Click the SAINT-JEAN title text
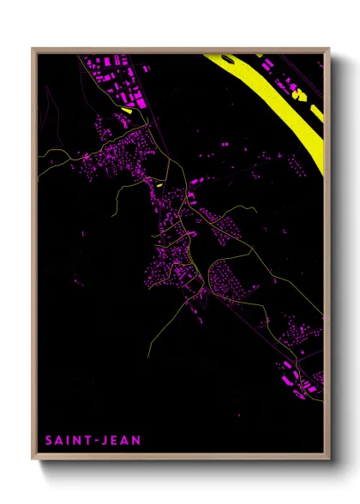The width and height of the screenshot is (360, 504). (93, 440)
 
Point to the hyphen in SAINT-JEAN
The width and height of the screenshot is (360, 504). (99, 440)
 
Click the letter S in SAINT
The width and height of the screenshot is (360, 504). (48, 440)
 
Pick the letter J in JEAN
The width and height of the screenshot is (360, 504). (107, 440)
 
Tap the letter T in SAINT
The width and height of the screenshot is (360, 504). (91, 440)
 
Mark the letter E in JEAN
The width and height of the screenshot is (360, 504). (116, 440)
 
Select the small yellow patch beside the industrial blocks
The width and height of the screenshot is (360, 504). (128, 110)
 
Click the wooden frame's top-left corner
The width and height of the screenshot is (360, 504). (33, 50)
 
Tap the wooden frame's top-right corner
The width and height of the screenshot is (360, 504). (328, 50)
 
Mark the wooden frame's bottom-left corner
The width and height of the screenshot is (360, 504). (33, 459)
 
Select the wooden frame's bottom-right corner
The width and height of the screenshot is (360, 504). (328, 459)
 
